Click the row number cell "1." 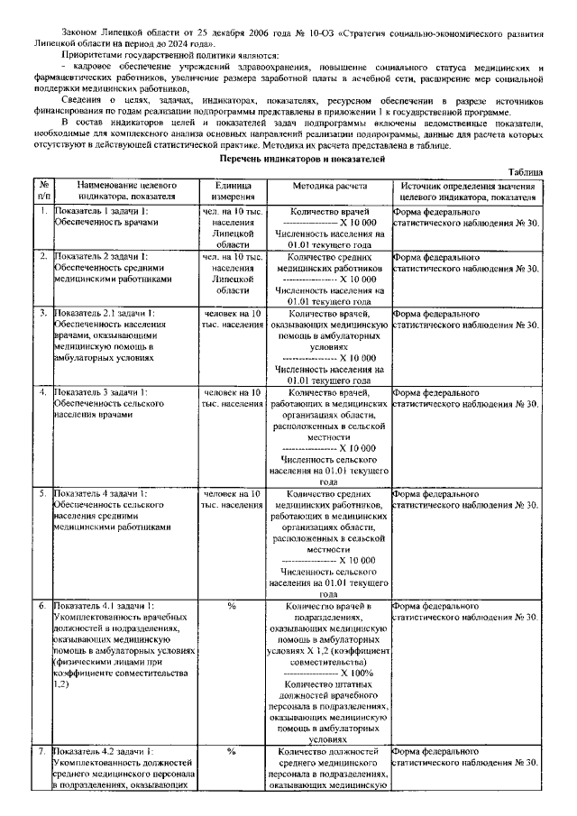(x=42, y=210)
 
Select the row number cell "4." (x=42, y=392)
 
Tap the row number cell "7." (x=42, y=750)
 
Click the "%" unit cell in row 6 (x=233, y=606)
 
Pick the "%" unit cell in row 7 (x=233, y=750)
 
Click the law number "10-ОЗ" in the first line (x=316, y=33)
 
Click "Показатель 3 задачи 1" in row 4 (x=100, y=392)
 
